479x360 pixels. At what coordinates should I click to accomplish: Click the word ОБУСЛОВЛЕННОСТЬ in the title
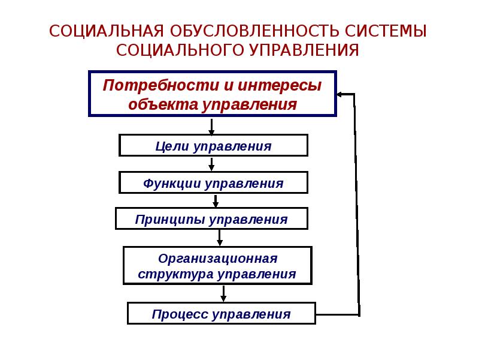(250, 31)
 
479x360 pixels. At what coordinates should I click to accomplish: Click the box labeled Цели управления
(213, 146)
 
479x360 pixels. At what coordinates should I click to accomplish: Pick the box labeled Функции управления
(213, 183)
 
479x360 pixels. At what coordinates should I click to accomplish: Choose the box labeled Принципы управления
(211, 219)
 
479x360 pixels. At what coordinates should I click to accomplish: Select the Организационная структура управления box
(217, 266)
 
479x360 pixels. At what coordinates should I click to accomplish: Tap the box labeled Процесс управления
(221, 314)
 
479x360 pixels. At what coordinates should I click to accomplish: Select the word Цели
(171, 146)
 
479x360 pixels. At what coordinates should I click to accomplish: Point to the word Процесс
(177, 314)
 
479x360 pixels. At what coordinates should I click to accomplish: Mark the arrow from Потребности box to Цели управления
(211, 125)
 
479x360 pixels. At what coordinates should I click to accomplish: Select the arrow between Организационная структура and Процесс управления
(223, 293)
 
